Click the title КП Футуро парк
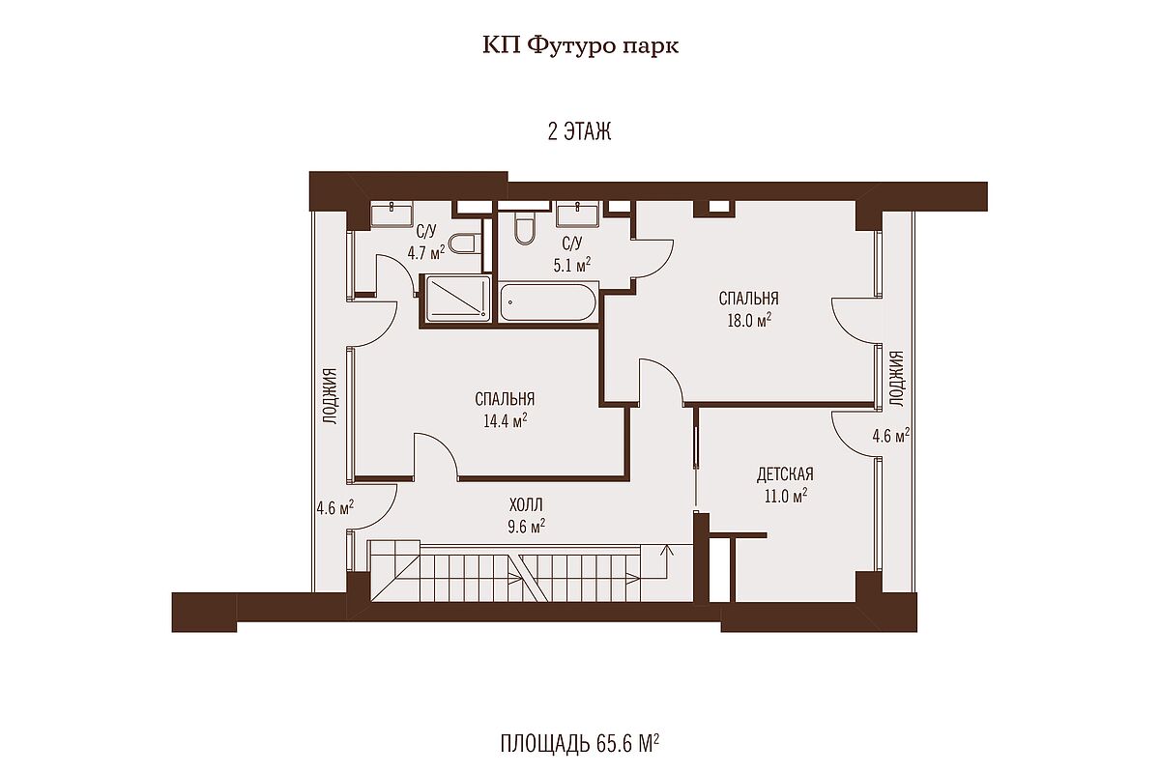[x=580, y=45]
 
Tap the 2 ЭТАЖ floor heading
[x=579, y=131]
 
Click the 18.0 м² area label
[x=749, y=320]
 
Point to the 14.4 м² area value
[x=505, y=420]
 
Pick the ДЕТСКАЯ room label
[x=785, y=473]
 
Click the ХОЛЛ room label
[x=526, y=504]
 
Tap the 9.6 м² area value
[x=526, y=526]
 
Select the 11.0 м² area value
[x=786, y=496]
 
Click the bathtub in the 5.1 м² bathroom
[x=549, y=301]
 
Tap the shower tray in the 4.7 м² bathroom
[x=458, y=298]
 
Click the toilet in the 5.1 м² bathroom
[x=526, y=231]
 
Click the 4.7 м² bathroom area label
[x=425, y=253]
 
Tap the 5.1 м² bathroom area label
[x=572, y=266]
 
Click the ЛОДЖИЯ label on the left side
[x=331, y=396]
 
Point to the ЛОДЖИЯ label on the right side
[x=896, y=379]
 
